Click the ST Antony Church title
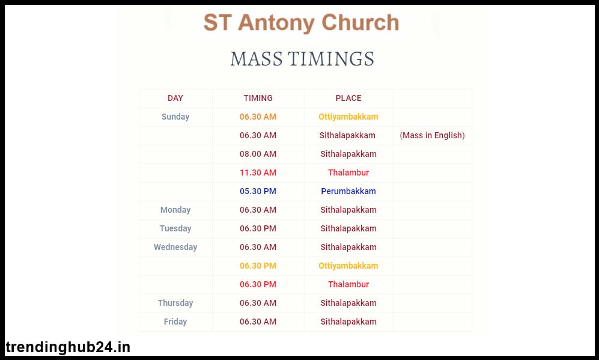click(302, 23)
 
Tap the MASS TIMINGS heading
click(302, 59)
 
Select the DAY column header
click(175, 98)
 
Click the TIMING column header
click(258, 98)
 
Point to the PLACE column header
click(348, 98)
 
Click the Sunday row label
click(175, 117)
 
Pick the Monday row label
click(175, 210)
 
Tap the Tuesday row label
click(175, 228)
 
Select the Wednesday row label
click(175, 247)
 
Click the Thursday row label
click(175, 303)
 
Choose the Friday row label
click(175, 322)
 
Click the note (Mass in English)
click(432, 135)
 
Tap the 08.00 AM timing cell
click(258, 154)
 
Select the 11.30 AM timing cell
click(258, 172)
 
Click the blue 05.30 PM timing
click(258, 191)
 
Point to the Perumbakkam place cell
click(348, 191)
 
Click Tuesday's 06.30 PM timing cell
click(258, 228)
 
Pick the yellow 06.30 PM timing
click(258, 266)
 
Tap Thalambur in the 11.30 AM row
click(348, 172)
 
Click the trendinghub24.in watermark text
click(68, 347)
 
